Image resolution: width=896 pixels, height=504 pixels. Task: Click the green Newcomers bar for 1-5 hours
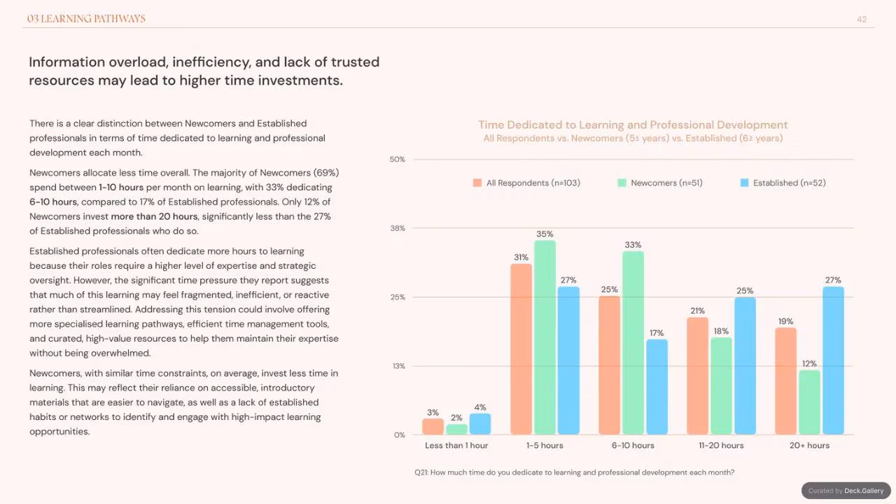tap(545, 337)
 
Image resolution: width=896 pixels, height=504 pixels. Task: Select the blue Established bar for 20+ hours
tap(833, 360)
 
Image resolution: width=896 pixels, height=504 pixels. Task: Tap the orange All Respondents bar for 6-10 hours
tap(609, 365)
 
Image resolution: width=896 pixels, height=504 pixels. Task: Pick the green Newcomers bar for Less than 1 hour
tap(456, 429)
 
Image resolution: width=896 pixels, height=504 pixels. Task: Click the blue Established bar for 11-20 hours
tap(745, 365)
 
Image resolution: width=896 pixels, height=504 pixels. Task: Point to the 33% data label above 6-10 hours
tap(633, 245)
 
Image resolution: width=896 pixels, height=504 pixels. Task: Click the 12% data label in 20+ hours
tap(809, 363)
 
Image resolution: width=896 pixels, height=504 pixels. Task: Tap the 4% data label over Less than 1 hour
tap(480, 407)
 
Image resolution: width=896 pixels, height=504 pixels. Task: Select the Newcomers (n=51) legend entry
tap(660, 183)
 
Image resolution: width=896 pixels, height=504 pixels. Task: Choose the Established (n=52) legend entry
tap(783, 183)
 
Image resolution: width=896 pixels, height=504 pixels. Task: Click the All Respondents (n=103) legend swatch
tap(477, 183)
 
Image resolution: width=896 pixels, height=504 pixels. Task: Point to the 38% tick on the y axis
tap(398, 228)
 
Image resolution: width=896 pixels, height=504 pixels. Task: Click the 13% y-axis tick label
tap(399, 366)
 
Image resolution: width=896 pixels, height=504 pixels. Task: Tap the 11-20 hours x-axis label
tap(721, 445)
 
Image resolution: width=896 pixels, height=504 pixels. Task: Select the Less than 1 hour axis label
tap(456, 445)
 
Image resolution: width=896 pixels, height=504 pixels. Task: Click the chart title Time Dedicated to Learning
tap(633, 125)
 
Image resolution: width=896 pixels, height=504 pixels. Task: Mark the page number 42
tap(862, 19)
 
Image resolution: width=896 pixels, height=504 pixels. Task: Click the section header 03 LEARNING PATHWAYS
tap(86, 18)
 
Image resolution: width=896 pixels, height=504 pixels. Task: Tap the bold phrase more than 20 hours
tap(154, 216)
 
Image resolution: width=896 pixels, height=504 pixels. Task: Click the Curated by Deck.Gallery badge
tap(846, 491)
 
